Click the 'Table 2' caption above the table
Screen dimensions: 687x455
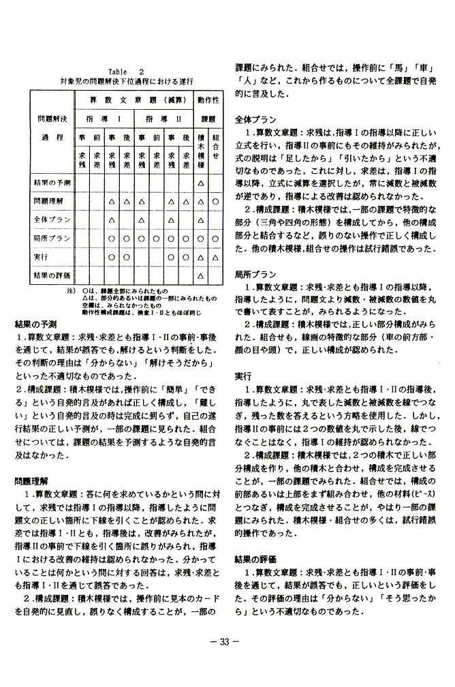click(x=126, y=71)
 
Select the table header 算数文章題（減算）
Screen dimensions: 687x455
click(x=138, y=100)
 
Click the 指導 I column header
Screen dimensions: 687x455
click(x=110, y=119)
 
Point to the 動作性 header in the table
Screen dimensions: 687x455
click(x=208, y=100)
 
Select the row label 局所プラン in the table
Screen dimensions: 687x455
click(x=51, y=238)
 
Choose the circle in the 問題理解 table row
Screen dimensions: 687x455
click(x=215, y=202)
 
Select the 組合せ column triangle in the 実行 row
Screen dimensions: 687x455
click(x=215, y=257)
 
